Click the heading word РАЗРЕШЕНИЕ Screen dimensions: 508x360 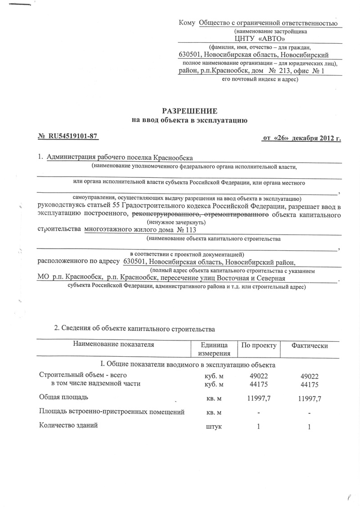point(189,111)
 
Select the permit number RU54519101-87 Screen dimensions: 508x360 point(72,136)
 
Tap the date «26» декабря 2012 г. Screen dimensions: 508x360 point(301,138)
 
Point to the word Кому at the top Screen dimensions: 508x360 point(187,23)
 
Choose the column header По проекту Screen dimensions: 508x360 point(258,345)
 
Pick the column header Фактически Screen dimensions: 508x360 point(309,345)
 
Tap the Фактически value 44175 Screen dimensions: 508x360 point(309,385)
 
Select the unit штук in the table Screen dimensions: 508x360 point(214,426)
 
